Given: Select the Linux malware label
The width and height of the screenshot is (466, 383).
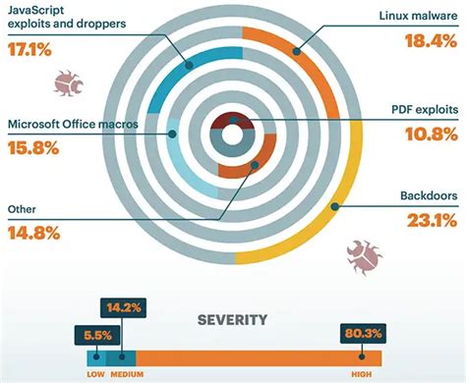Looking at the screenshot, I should click(x=416, y=17).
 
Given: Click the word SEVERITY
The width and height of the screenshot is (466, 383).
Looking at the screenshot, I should click(x=232, y=321).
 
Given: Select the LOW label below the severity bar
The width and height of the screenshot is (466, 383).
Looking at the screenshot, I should click(x=94, y=373).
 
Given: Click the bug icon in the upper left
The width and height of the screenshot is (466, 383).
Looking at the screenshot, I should click(x=68, y=82).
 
